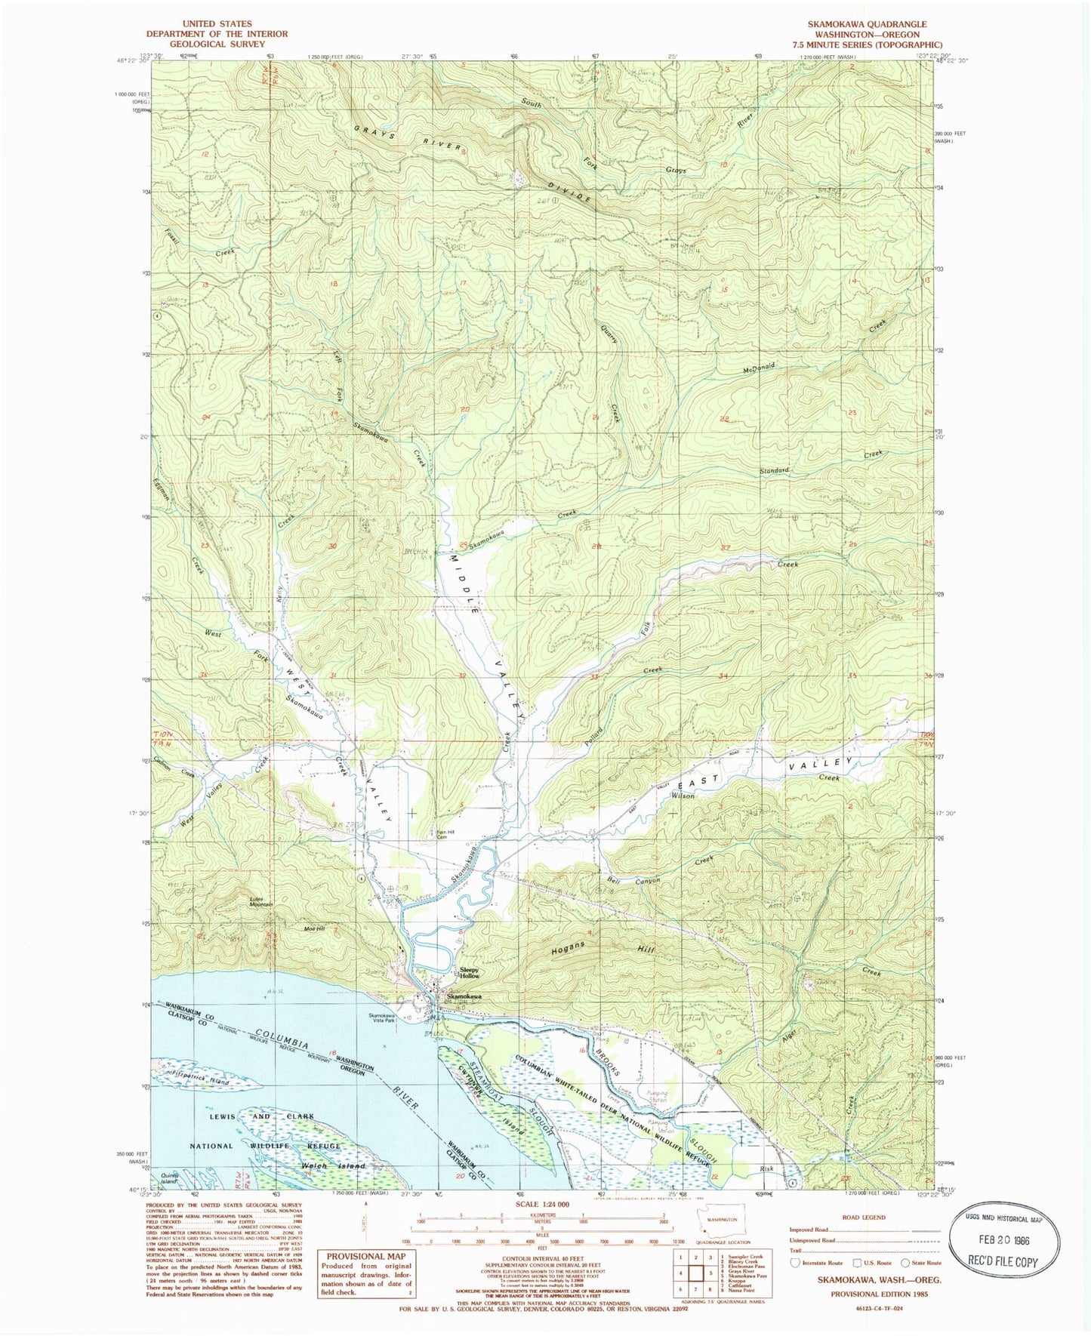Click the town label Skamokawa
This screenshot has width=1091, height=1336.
[464, 996]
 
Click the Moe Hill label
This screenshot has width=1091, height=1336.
[314, 928]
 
